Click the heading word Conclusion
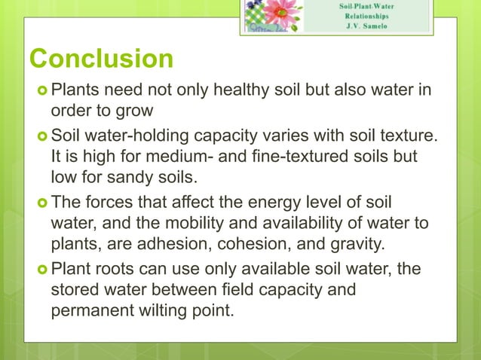pyautogui.click(x=100, y=59)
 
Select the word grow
pyautogui.click(x=135, y=111)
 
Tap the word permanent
pyautogui.click(x=93, y=309)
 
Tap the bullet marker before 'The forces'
pyautogui.click(x=40, y=203)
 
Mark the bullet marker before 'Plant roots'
pyautogui.click(x=40, y=270)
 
